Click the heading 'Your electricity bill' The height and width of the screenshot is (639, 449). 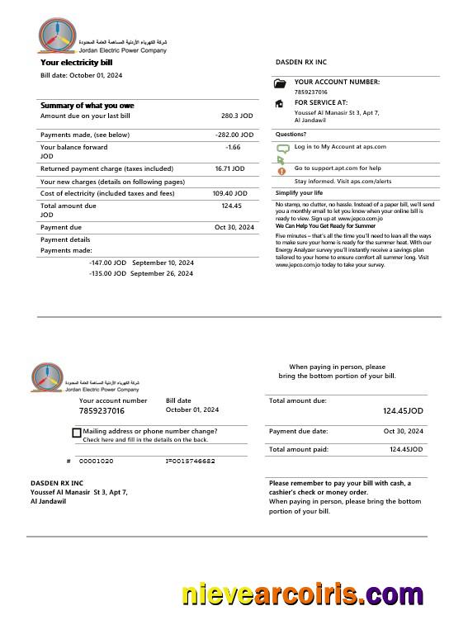pos(77,62)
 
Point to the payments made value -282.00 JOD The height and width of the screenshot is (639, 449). pos(234,135)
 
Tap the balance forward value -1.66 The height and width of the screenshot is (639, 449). pos(233,147)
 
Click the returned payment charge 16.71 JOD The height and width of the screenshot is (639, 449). pos(229,168)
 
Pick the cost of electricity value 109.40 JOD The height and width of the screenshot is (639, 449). pos(229,193)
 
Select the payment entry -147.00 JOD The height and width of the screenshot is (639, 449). pos(107,263)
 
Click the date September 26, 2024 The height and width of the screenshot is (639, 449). pos(162,273)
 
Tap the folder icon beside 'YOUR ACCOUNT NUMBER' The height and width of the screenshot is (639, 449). pos(280,83)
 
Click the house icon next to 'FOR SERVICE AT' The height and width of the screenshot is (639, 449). pos(280,104)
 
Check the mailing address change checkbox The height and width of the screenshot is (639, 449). pos(77,433)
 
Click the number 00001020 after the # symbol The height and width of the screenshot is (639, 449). pos(97,461)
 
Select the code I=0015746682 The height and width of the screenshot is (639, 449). pos(190,461)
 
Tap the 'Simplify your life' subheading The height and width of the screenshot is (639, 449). pos(299,192)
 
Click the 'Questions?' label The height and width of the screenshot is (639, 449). pos(291,134)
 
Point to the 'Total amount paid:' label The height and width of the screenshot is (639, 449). pos(299,449)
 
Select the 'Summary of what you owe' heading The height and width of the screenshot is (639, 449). pos(87,106)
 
